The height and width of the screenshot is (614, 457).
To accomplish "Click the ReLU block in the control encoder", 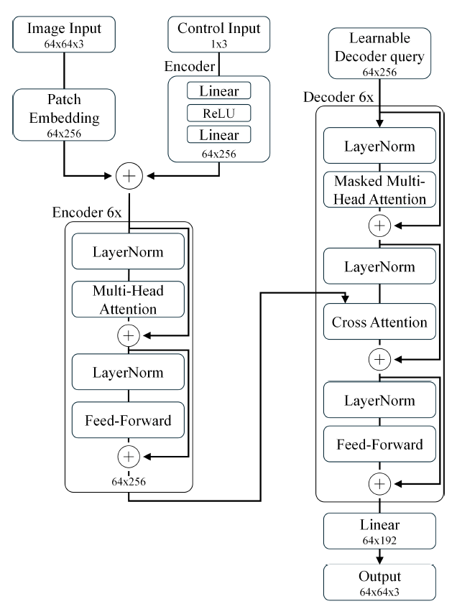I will [220, 113].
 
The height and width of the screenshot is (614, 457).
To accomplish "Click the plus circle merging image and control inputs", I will [129, 174].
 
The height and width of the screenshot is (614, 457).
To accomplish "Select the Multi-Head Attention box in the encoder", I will [129, 299].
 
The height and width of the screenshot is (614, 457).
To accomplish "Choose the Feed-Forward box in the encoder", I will [129, 420].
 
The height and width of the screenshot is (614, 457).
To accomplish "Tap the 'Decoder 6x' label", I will [338, 97].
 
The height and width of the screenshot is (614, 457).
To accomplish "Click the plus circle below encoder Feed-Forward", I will [129, 455].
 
